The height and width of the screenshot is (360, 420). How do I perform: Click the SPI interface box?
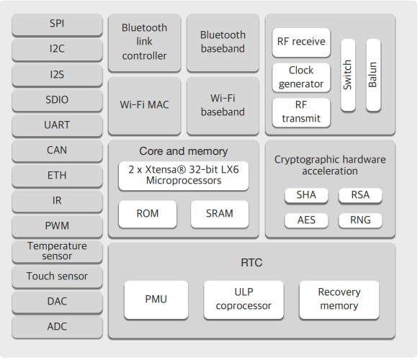coord(57,24)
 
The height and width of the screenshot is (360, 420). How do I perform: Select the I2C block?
coord(57,50)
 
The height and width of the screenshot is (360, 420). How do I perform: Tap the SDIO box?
coord(57,100)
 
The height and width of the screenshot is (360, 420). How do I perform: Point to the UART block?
coord(57,125)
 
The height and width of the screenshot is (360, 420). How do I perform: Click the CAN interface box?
coord(57,150)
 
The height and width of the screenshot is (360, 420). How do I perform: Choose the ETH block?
coord(57,176)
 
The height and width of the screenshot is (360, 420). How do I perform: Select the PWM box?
coord(57,226)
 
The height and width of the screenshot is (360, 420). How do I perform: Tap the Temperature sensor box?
coord(57,251)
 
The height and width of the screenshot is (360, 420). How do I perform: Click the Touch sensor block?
coord(57,276)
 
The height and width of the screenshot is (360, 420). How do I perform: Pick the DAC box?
coord(57,302)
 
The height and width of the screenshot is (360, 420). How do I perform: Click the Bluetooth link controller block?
coord(144,42)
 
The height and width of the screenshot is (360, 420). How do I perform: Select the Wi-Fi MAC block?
coord(144,105)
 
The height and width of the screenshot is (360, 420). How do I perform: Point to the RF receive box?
coord(301,42)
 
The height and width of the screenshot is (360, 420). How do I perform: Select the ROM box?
coord(148,214)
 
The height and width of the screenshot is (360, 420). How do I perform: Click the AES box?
coord(306,220)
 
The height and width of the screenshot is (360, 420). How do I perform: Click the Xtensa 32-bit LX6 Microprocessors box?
coord(184,176)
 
